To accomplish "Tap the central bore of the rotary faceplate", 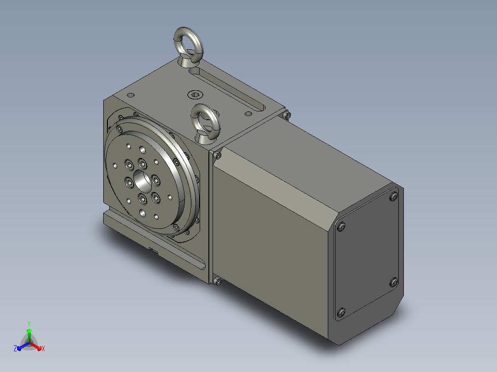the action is [142, 181].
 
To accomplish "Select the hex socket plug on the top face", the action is [195, 94].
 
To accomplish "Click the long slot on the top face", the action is [227, 89].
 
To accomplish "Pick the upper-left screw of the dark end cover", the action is [341, 227].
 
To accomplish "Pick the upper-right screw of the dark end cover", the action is [394, 197].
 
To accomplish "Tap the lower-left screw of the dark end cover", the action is [341, 313].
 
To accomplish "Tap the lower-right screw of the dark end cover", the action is [394, 282].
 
